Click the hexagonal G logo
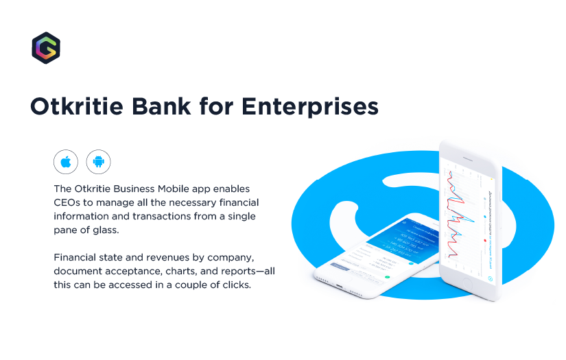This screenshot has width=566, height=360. pyautogui.click(x=46, y=47)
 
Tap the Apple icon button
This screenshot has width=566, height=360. pyautogui.click(x=66, y=162)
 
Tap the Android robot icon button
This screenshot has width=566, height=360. pyautogui.click(x=98, y=162)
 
